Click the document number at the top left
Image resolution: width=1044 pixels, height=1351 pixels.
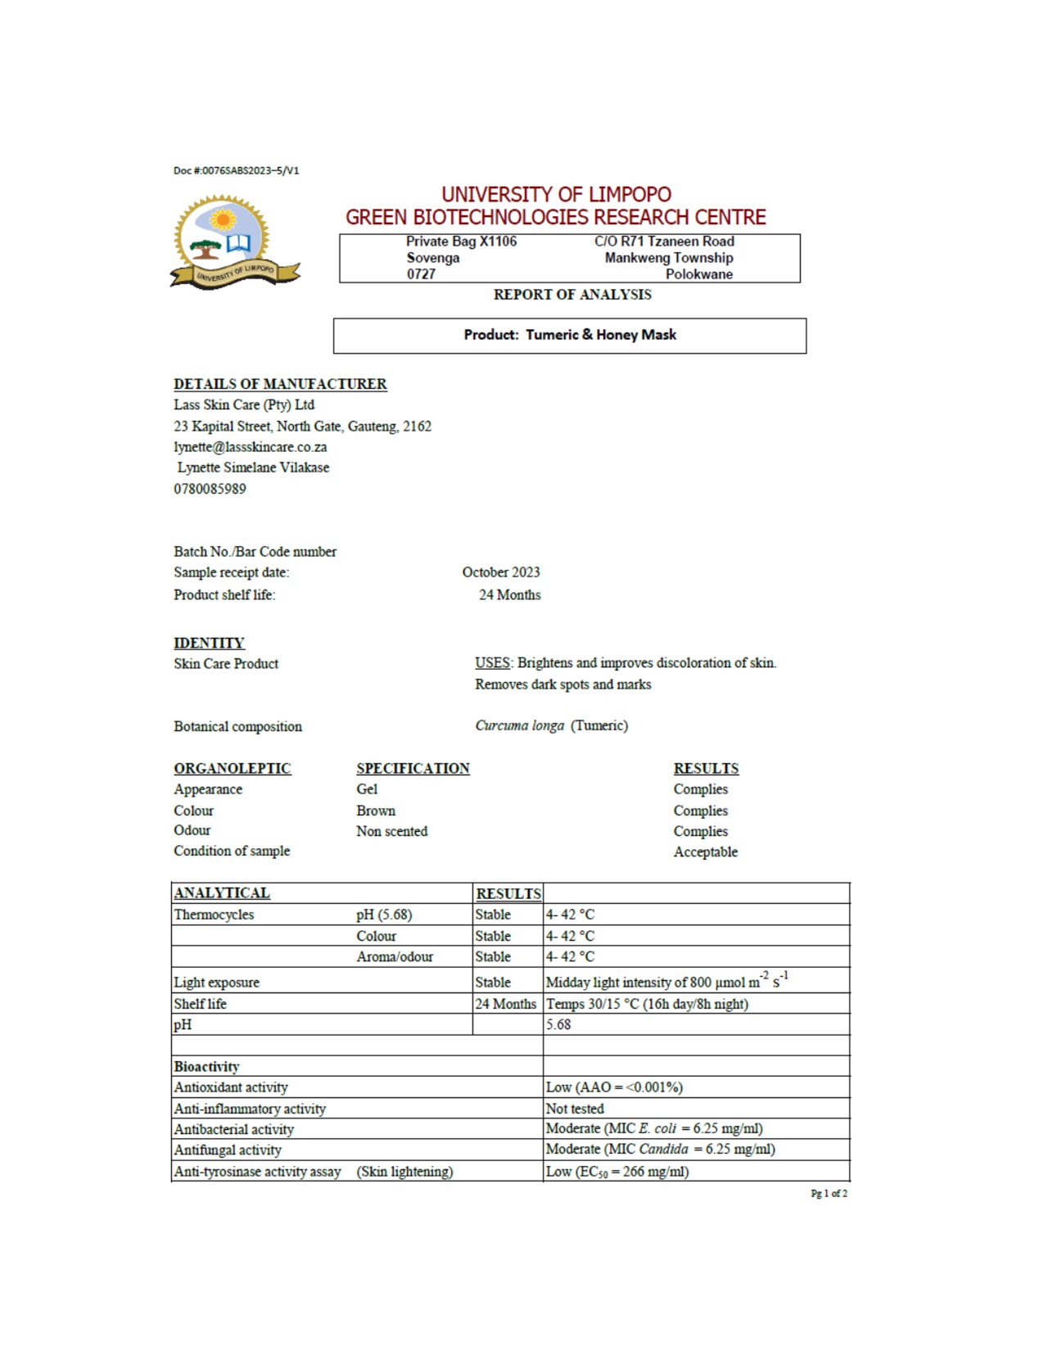click(x=236, y=170)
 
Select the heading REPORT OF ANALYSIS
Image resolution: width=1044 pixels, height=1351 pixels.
click(x=572, y=295)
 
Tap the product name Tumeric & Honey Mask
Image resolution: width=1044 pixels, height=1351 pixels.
click(x=601, y=335)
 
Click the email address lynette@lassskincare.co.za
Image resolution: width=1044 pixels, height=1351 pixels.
click(x=250, y=447)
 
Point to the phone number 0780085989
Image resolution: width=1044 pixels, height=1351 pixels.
click(x=210, y=489)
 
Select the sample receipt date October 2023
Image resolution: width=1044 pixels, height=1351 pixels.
click(x=500, y=572)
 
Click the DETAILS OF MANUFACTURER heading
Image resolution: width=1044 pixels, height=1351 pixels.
click(x=280, y=384)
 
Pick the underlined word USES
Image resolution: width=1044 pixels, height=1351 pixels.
click(x=492, y=663)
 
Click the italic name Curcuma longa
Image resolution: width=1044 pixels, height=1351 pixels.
click(x=519, y=726)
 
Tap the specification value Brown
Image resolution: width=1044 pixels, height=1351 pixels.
click(x=376, y=811)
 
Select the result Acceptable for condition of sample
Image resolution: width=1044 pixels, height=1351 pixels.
click(x=705, y=852)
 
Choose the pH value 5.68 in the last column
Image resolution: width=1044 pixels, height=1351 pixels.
click(x=558, y=1025)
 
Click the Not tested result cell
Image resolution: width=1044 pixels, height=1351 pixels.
click(x=575, y=1109)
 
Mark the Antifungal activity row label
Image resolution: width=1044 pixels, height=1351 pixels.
click(x=228, y=1150)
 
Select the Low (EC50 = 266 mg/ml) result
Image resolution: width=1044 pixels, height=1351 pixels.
click(x=617, y=1172)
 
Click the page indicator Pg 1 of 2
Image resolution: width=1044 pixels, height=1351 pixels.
click(x=829, y=1194)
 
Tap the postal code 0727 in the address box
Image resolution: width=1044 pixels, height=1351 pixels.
click(x=421, y=274)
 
